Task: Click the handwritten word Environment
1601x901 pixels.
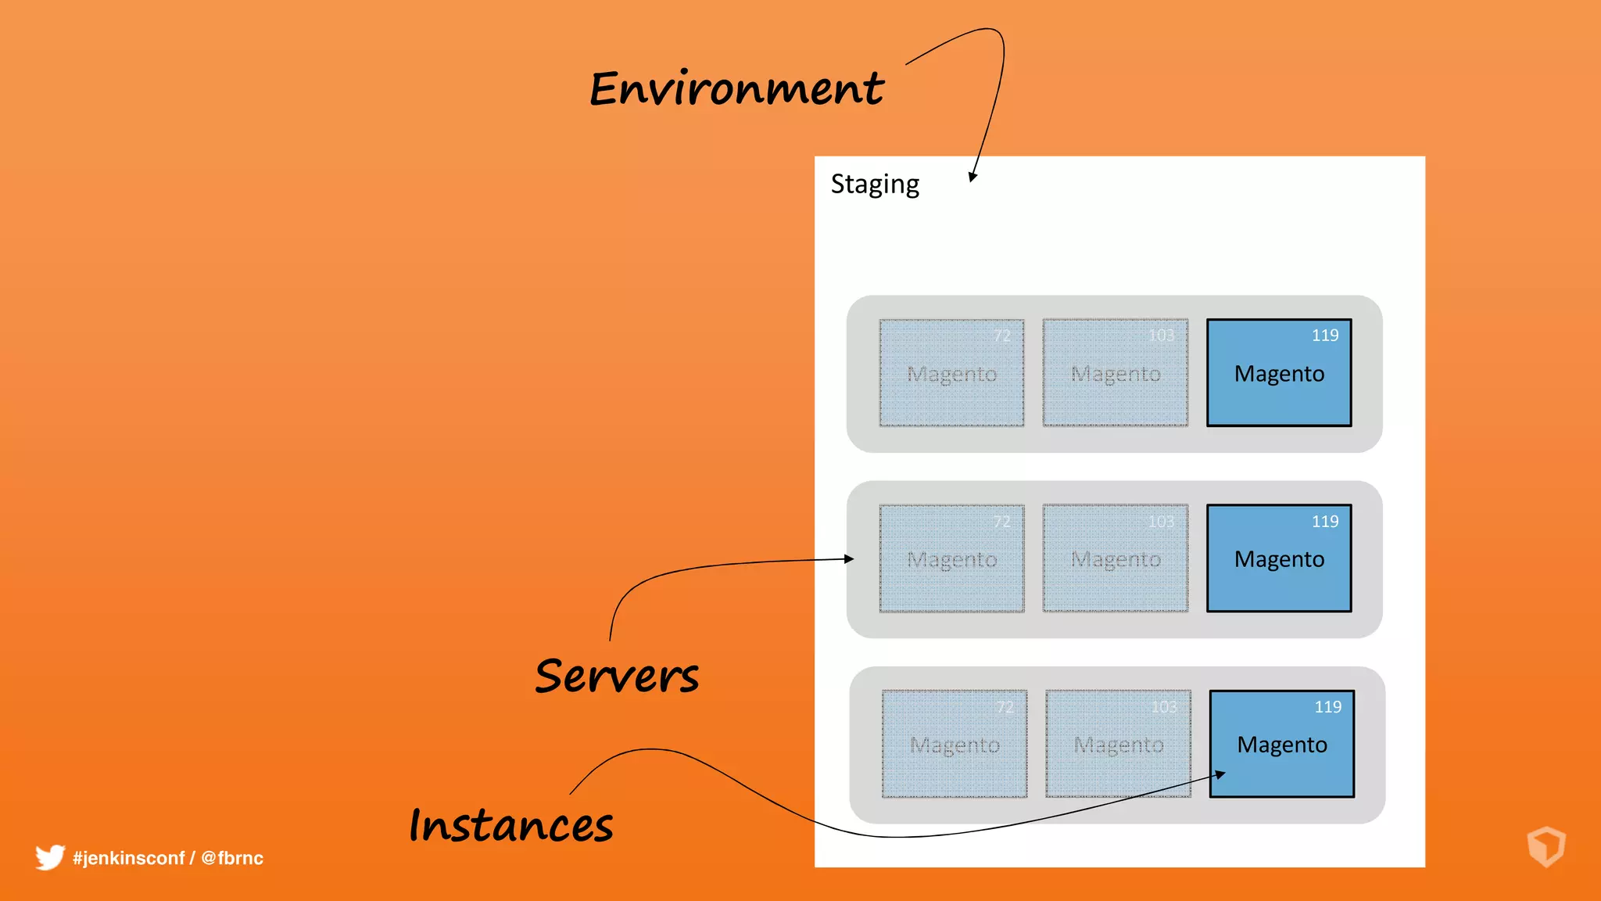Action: [736, 88]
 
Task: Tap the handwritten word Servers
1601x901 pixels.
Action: [617, 676]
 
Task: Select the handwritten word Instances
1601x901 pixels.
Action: [511, 825]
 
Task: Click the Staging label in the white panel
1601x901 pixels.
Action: [875, 185]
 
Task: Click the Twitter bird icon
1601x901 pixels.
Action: [49, 857]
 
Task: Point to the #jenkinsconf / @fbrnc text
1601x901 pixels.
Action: [168, 858]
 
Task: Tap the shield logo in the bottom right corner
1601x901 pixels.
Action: [1545, 846]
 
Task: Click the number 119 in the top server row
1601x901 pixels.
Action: [1325, 336]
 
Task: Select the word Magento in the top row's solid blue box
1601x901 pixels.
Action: [1279, 374]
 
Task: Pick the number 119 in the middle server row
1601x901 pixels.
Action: [1325, 522]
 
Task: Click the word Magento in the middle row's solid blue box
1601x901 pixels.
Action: [1279, 559]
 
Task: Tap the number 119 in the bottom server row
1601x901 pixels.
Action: [1327, 707]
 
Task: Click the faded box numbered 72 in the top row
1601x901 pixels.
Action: [951, 373]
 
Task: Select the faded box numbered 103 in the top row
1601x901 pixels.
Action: [1116, 373]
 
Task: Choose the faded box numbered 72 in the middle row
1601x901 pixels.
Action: [951, 558]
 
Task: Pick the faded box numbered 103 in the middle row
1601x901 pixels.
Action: [1116, 558]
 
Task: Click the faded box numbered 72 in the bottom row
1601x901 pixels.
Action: [955, 744]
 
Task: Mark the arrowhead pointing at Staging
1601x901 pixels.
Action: [972, 177]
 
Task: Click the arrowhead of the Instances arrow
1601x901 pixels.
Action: [1220, 774]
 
